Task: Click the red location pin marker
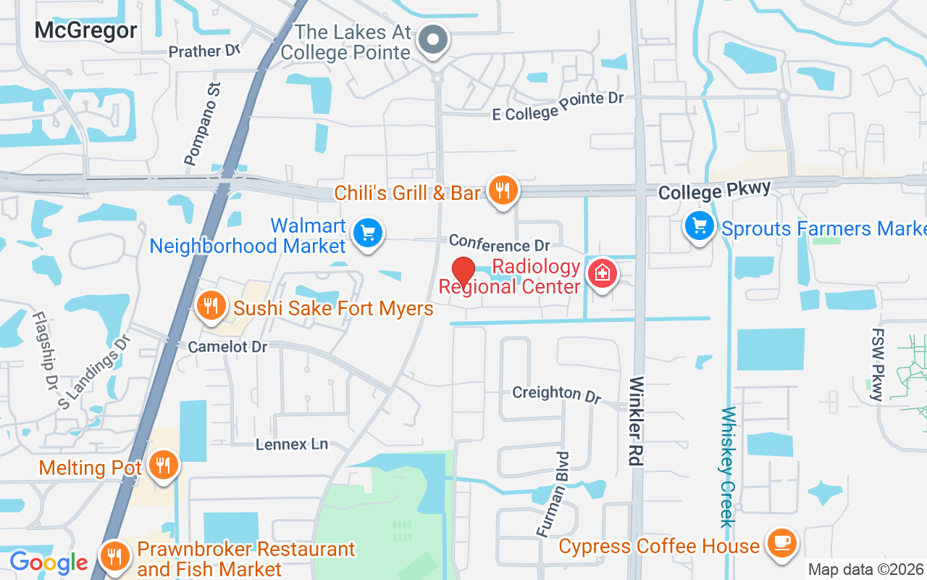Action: tap(463, 272)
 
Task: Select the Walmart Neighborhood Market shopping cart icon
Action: tap(368, 233)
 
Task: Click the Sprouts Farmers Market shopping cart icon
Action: tap(700, 226)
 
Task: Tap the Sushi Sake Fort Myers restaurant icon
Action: tap(211, 306)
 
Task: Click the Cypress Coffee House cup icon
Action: tap(781, 542)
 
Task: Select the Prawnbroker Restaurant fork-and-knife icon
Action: tap(114, 558)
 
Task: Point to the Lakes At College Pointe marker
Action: tap(435, 38)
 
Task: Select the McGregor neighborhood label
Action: tap(85, 30)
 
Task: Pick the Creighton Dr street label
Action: tap(557, 393)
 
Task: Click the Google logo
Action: tap(49, 562)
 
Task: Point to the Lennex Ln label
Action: tap(292, 444)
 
